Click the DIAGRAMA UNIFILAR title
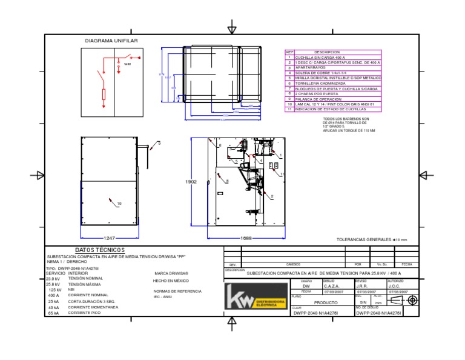coord(111,41)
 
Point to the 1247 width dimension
coord(110,238)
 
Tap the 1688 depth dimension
coord(246,238)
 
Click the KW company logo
coord(254,298)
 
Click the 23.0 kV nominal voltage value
coord(53,278)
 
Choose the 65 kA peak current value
coord(53,313)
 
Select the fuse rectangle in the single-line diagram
coord(104,94)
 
